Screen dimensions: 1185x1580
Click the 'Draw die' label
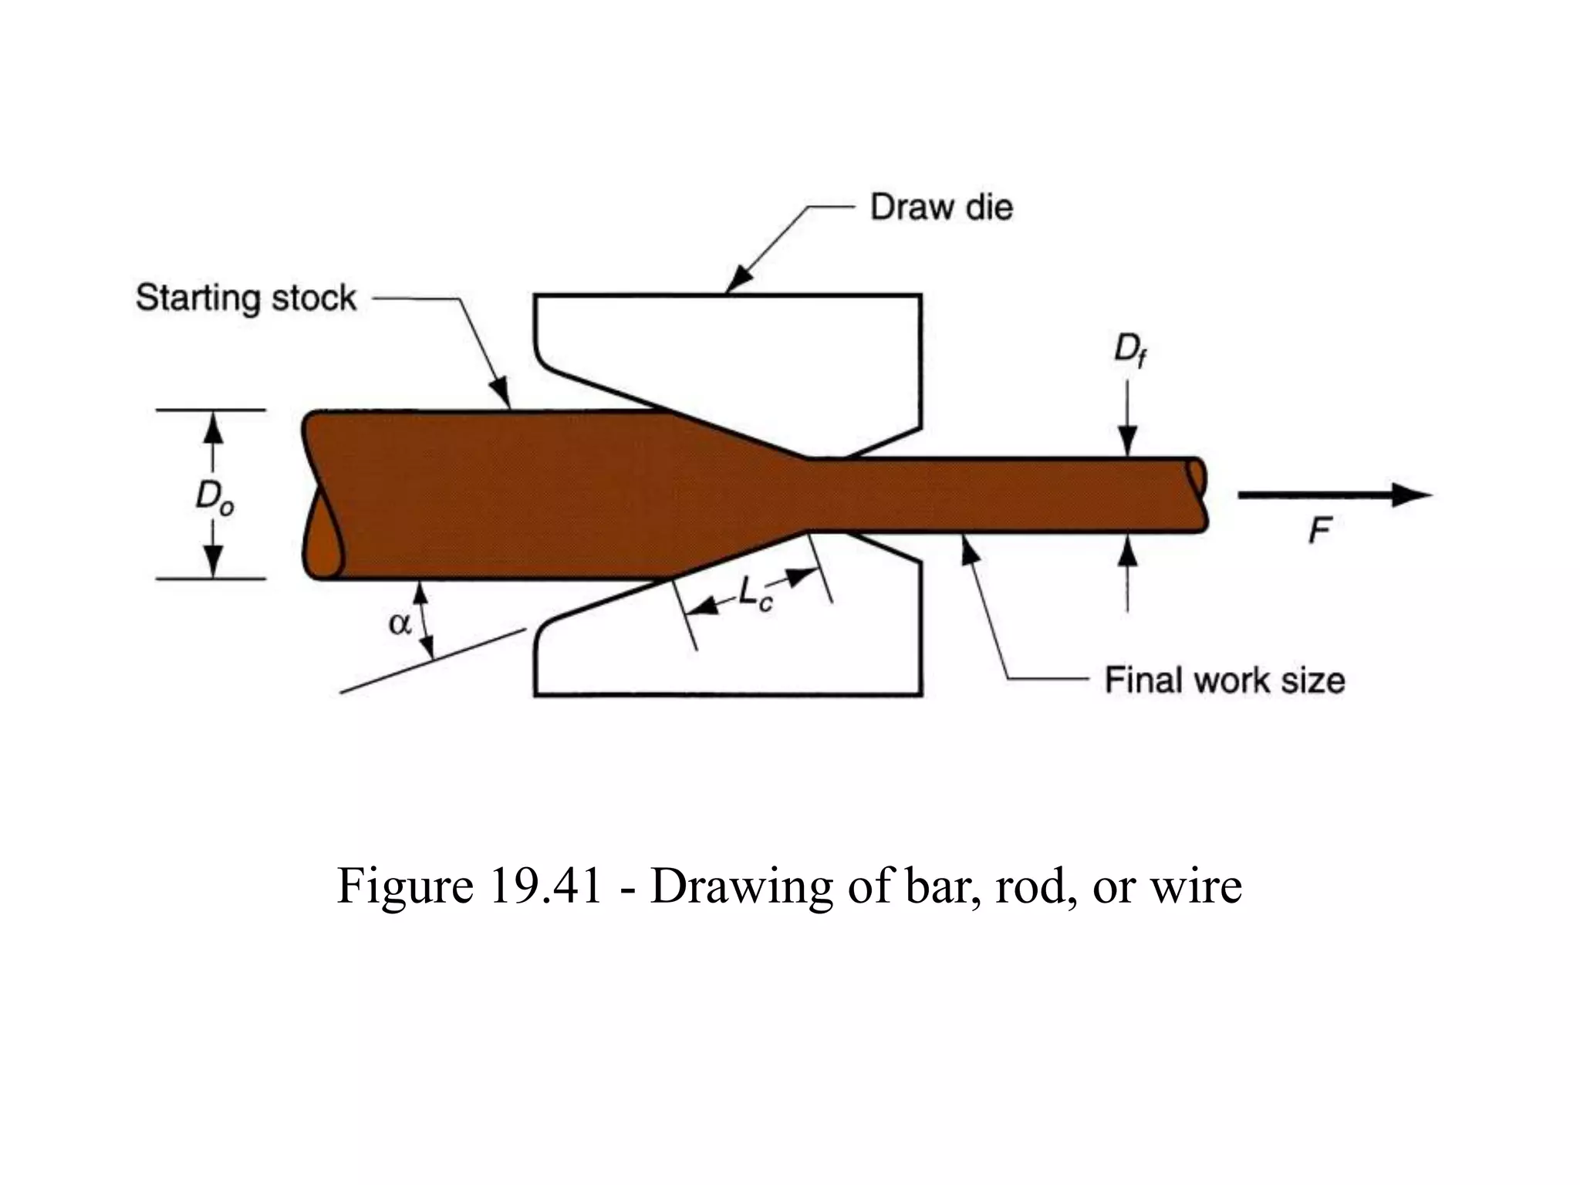coord(941,208)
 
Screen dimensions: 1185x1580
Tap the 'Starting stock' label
coord(245,298)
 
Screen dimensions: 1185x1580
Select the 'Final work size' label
coord(1224,680)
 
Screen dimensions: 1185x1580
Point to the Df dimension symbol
coord(1129,351)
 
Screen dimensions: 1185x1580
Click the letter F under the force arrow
coord(1320,531)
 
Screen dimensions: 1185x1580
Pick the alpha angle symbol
coord(400,623)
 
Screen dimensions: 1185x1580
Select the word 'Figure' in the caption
coord(405,886)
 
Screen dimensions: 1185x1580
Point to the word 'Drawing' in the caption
coord(741,886)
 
